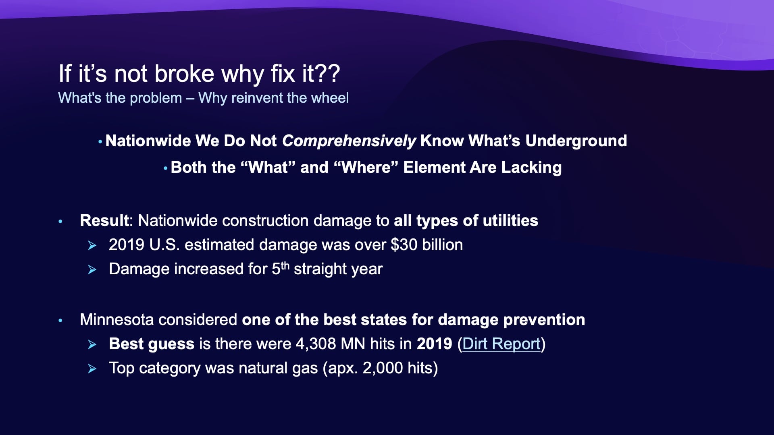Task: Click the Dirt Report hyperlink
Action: pos(501,344)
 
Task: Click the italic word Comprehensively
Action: pos(349,141)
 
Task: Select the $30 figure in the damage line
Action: pos(404,245)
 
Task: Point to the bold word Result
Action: pos(104,221)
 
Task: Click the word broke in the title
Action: pos(184,74)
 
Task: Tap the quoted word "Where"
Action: pos(366,168)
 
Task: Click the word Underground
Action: pos(576,141)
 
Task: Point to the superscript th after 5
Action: pos(285,265)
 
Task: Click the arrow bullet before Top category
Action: pos(92,369)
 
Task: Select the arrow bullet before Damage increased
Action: pos(92,269)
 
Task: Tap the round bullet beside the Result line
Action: pos(60,221)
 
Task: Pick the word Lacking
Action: pos(531,168)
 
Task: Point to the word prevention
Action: pos(544,320)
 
